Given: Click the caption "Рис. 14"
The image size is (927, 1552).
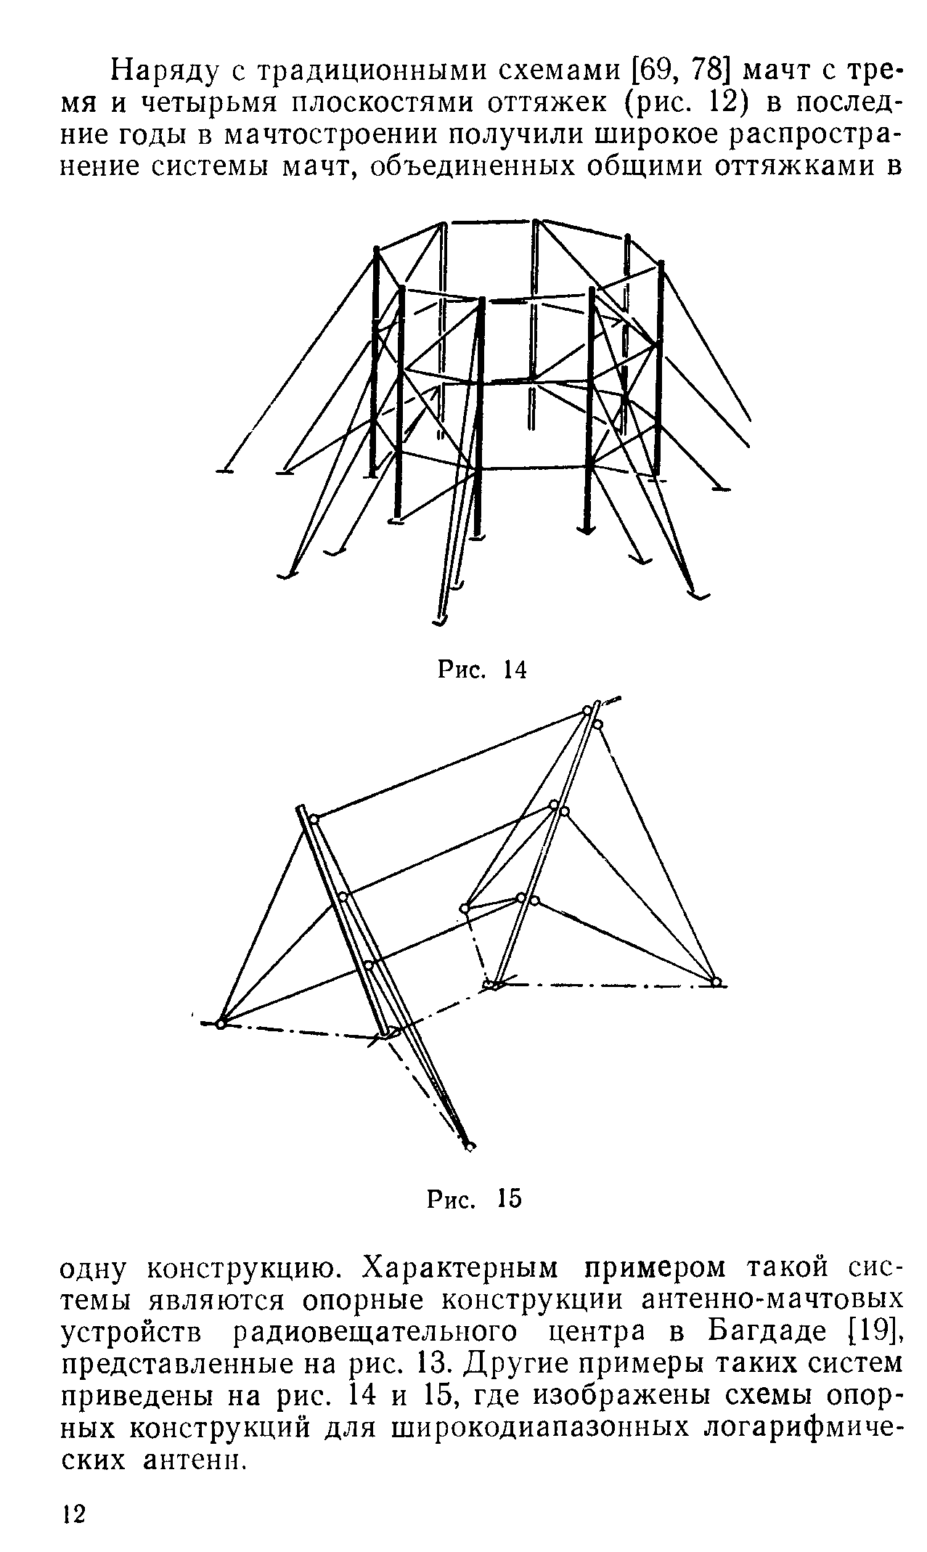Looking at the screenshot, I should point(481,669).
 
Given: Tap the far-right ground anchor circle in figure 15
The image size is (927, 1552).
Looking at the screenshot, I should point(716,982).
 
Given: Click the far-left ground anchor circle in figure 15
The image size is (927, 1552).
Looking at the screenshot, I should point(221,1023).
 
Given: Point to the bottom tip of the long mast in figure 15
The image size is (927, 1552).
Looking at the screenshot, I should point(470,1146).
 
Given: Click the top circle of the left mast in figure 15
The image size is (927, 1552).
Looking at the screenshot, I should point(314,819).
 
